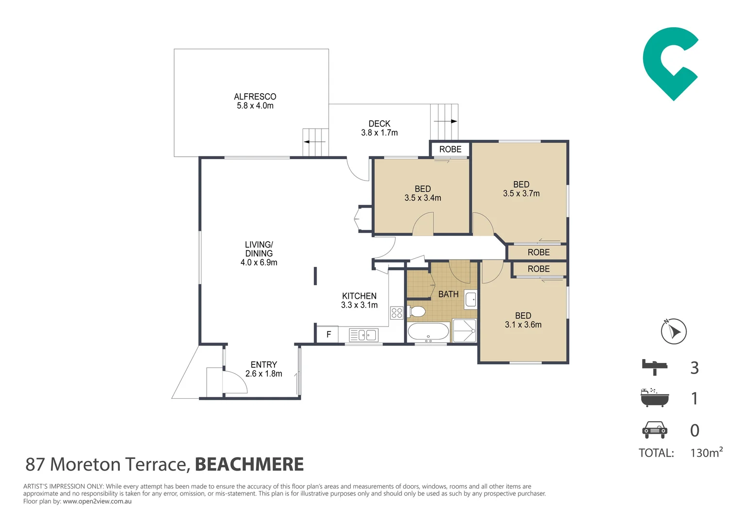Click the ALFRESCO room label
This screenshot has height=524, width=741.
pyautogui.click(x=255, y=97)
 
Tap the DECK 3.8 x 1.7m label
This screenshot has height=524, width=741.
pyautogui.click(x=379, y=128)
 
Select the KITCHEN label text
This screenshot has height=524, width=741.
pyautogui.click(x=359, y=296)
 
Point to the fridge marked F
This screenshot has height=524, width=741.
pyautogui.click(x=327, y=334)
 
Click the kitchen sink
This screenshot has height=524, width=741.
pyautogui.click(x=364, y=335)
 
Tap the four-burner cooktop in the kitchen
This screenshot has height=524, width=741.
pyautogui.click(x=397, y=313)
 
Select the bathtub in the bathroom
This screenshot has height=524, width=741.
pyautogui.click(x=428, y=332)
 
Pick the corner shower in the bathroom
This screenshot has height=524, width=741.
pyautogui.click(x=465, y=331)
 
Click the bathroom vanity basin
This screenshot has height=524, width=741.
pyautogui.click(x=470, y=299)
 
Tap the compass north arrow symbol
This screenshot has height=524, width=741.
pyautogui.click(x=674, y=331)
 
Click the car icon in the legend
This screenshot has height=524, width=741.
pyautogui.click(x=655, y=430)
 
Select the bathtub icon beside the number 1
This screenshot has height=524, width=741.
pyautogui.click(x=655, y=397)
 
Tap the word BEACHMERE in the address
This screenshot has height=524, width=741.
pyautogui.click(x=249, y=464)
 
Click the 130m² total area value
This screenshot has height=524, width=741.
pyautogui.click(x=706, y=452)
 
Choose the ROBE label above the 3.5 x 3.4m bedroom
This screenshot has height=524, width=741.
pyautogui.click(x=450, y=149)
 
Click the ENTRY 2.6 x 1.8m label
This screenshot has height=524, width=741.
pyautogui.click(x=264, y=369)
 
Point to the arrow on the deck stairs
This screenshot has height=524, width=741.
pyautogui.click(x=445, y=121)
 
